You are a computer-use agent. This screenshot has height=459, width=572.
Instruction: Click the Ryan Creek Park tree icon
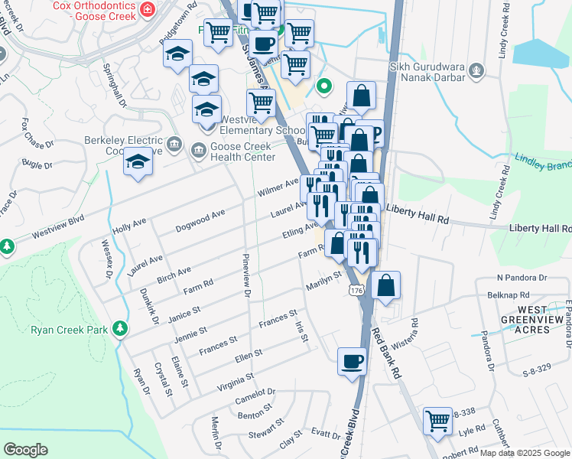click(x=119, y=329)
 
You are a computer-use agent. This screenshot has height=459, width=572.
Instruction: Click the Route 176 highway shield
click(x=356, y=290)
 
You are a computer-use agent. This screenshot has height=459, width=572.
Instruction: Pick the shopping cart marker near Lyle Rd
click(x=437, y=420)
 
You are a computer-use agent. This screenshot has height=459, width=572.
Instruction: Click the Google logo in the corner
click(x=26, y=449)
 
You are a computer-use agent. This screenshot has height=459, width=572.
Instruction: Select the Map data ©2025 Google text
click(x=525, y=453)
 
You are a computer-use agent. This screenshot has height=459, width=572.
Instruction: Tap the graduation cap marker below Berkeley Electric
click(x=138, y=164)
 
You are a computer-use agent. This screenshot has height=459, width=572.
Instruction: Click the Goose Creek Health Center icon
click(x=199, y=148)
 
